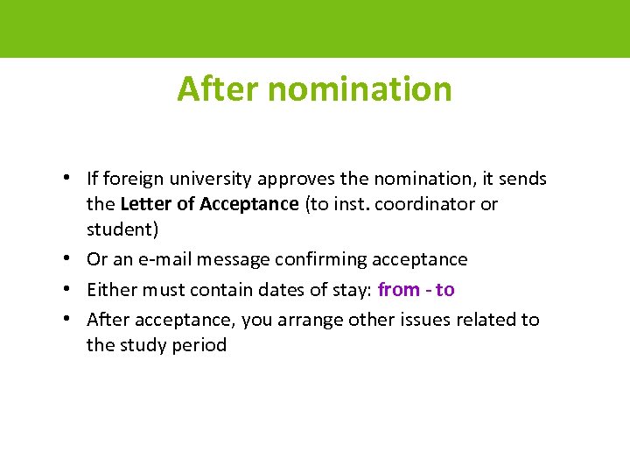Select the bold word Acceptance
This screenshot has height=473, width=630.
click(x=249, y=204)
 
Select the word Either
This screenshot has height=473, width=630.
click(x=111, y=290)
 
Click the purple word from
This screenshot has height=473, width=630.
click(x=399, y=290)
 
